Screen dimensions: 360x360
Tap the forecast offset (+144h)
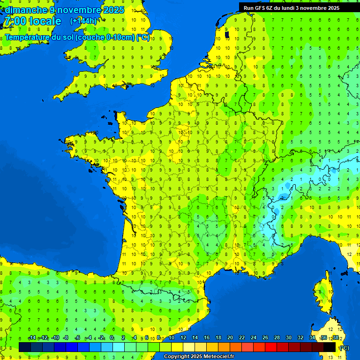click(x=83, y=21)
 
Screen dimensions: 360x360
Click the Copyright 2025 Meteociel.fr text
click(x=199, y=357)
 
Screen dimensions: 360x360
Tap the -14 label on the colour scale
click(x=32, y=338)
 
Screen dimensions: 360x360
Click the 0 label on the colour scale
click(x=112, y=338)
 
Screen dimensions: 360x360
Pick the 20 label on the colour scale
click(x=230, y=338)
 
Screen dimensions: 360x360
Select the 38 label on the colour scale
click(x=335, y=338)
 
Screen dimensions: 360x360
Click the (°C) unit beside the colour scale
click(x=344, y=347)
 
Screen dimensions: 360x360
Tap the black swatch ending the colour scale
click(x=330, y=347)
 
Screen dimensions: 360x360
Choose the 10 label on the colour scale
click(x=171, y=338)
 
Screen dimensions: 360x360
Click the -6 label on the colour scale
click(x=78, y=338)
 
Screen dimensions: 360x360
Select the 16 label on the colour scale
click(x=206, y=338)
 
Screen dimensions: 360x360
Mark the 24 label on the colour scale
click(x=253, y=338)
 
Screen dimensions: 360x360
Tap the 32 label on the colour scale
click(x=300, y=338)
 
